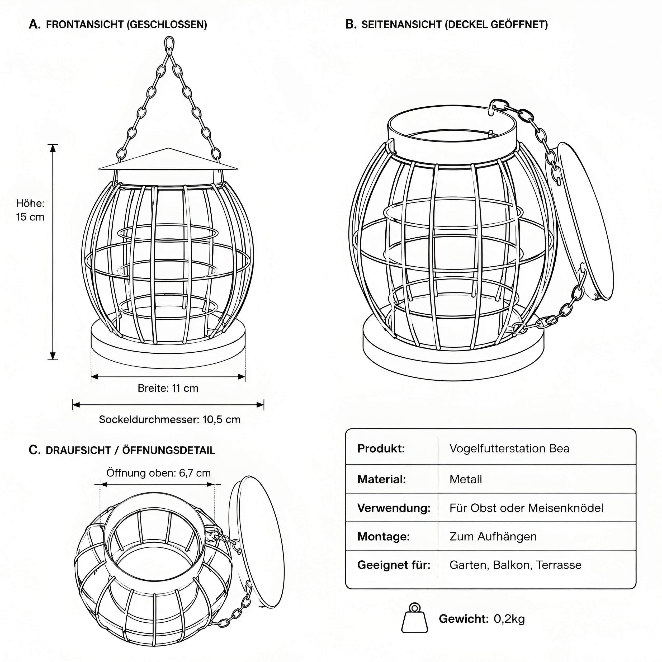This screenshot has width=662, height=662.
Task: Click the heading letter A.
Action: tap(35, 24)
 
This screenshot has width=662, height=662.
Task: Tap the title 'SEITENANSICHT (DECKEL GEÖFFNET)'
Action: tap(455, 25)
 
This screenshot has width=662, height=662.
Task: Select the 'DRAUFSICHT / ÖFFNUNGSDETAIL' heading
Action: tap(130, 450)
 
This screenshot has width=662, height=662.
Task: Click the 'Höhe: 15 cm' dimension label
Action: tap(30, 210)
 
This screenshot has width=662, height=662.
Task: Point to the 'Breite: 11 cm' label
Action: tap(168, 388)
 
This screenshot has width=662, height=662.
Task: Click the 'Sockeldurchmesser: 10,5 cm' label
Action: tap(170, 419)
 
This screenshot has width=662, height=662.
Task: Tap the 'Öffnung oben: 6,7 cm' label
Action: tap(158, 473)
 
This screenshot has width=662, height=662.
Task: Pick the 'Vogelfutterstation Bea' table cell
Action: tap(509, 448)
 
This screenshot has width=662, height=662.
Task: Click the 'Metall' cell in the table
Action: tap(466, 479)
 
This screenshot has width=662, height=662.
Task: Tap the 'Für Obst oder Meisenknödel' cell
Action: tap(526, 508)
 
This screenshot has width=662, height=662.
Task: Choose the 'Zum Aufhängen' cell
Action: tap(493, 536)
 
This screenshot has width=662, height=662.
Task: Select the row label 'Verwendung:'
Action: tap(394, 508)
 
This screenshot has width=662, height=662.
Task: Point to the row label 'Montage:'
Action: tap(384, 536)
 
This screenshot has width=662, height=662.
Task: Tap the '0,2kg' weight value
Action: tap(509, 619)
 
